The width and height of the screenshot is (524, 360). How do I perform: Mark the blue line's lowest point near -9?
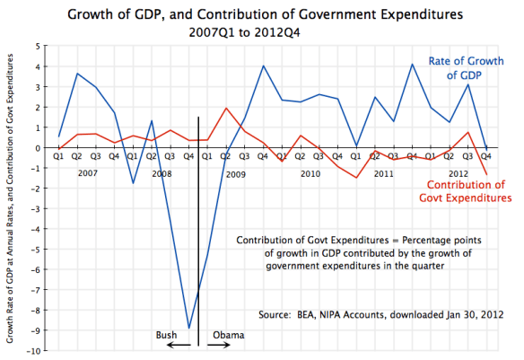pos(188,328)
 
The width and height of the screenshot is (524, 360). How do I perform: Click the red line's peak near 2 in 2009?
pos(226,109)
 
